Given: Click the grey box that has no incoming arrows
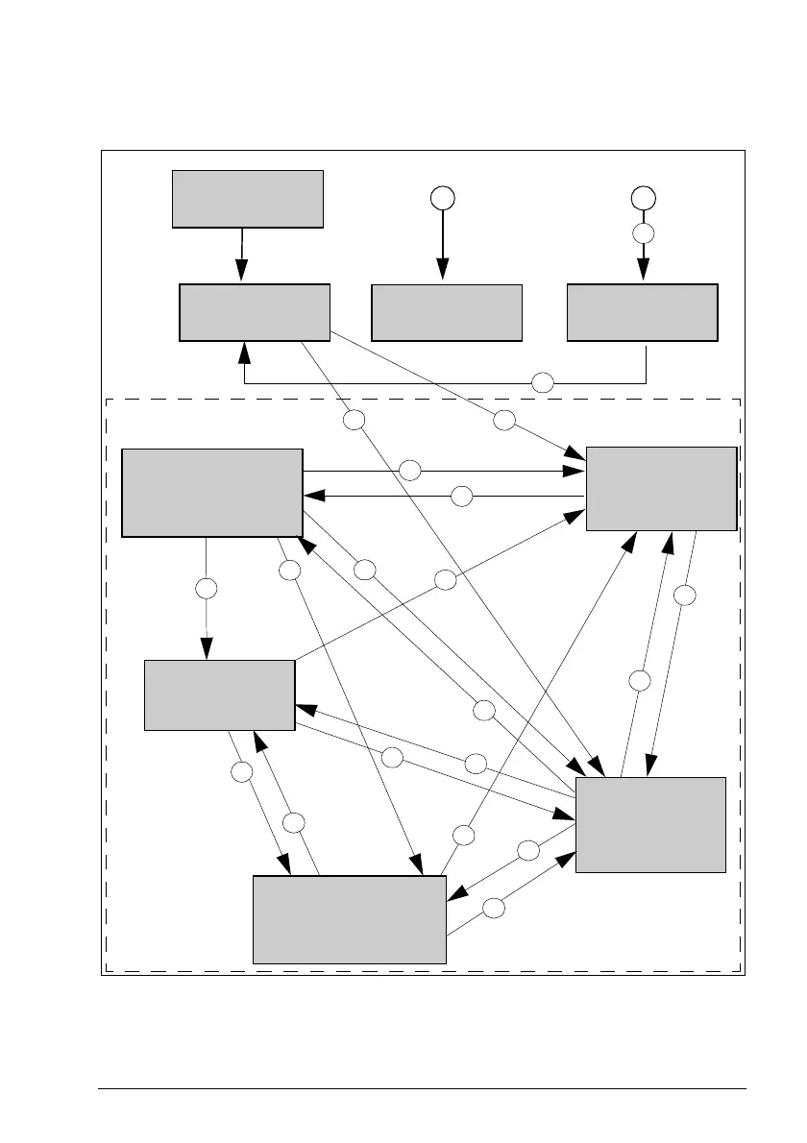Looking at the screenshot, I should (x=247, y=199).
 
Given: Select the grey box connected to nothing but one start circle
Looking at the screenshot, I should (x=446, y=312).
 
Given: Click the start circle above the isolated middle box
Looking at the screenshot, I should (x=442, y=198).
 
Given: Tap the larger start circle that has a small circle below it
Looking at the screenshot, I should (x=643, y=198).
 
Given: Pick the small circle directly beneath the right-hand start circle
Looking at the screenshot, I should (x=643, y=233).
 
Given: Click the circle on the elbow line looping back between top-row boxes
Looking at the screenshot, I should (x=543, y=382).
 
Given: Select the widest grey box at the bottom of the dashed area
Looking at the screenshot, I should (x=349, y=919).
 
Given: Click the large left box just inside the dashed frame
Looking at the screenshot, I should (x=212, y=492).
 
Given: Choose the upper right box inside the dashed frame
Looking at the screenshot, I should (x=661, y=488).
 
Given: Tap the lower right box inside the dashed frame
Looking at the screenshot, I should (x=650, y=824).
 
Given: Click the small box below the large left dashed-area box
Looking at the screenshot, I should (x=219, y=694).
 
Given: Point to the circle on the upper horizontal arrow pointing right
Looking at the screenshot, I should (x=410, y=471).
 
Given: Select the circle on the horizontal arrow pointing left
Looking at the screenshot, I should (x=462, y=496).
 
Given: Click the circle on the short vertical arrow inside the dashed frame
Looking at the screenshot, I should (x=206, y=588).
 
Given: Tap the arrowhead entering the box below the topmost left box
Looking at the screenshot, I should (x=241, y=275).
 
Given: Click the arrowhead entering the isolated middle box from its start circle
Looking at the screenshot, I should (x=442, y=275).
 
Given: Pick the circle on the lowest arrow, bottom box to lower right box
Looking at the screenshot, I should (x=494, y=907).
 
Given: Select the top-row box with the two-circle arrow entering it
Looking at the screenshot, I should (x=643, y=312).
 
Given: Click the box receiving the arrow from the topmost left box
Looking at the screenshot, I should (x=255, y=312).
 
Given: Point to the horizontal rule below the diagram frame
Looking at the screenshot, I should (x=423, y=1088).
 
